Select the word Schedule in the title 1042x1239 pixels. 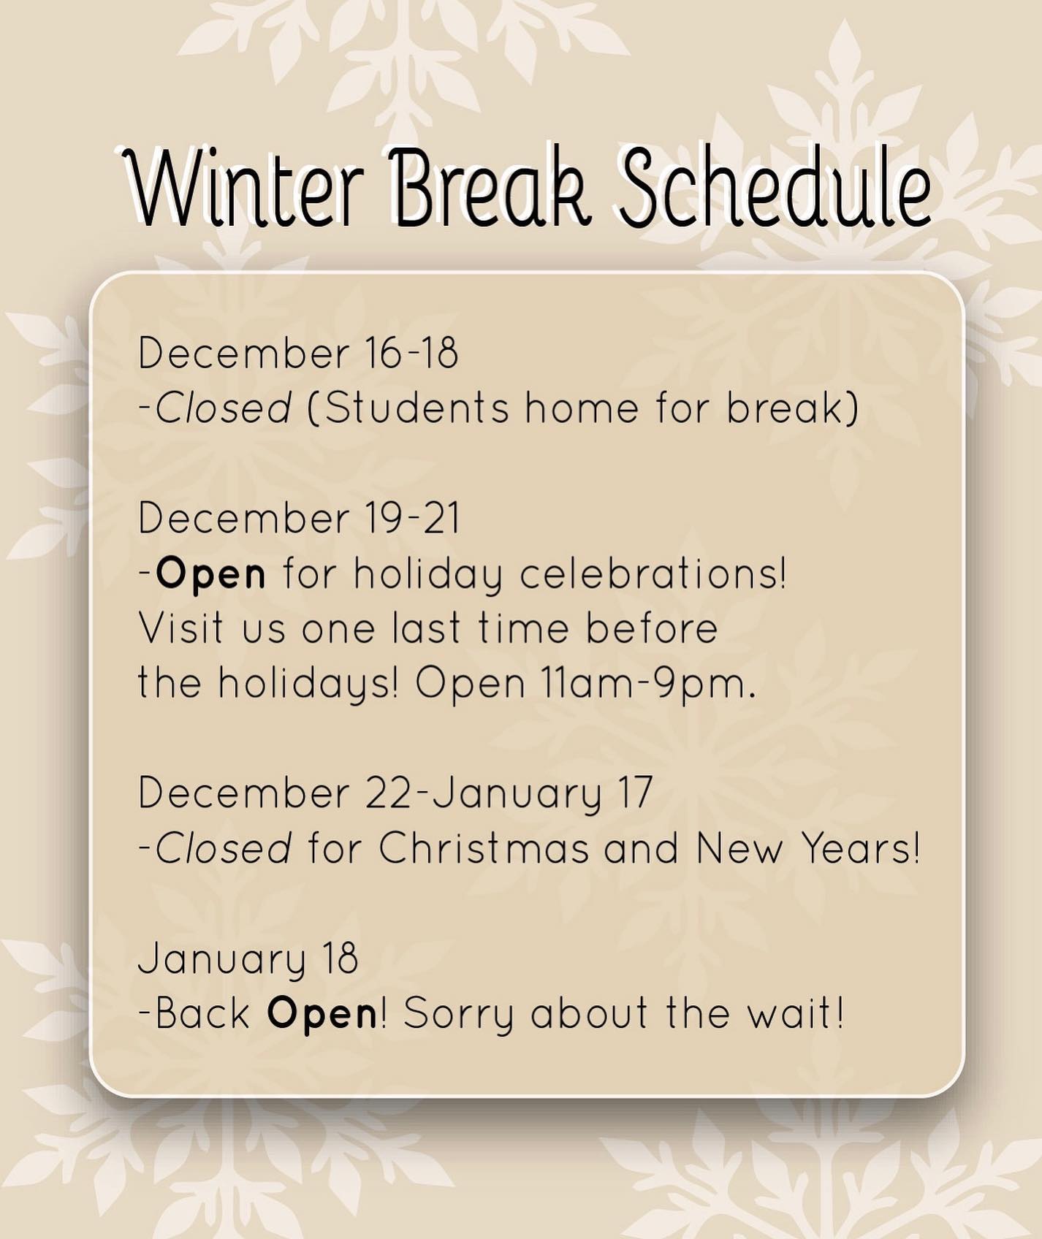point(776,186)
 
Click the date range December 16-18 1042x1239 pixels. point(298,353)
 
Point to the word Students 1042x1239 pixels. point(416,408)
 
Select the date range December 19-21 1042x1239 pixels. point(300,518)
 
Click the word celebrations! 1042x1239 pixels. point(654,573)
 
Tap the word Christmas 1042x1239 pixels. point(484,848)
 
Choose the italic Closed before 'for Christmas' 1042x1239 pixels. point(224,848)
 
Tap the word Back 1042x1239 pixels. point(203,1013)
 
